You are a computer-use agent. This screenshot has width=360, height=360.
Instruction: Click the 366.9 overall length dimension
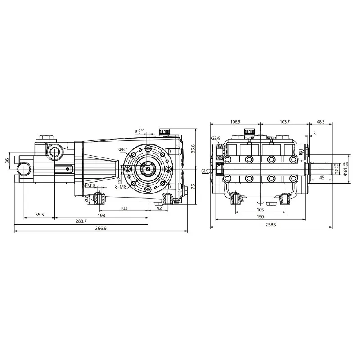tap(100, 229)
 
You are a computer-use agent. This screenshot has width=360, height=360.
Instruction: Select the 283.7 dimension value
tap(82, 221)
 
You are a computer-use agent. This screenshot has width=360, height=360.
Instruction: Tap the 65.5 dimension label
tap(40, 215)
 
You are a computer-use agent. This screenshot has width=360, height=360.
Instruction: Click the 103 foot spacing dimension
tap(124, 208)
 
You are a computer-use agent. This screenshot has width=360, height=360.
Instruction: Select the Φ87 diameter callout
tap(123, 149)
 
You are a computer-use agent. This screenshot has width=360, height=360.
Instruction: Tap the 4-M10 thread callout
tap(89, 185)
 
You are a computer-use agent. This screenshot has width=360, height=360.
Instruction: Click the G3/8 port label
tap(216, 138)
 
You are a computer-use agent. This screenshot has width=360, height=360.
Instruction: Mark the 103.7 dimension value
tap(284, 122)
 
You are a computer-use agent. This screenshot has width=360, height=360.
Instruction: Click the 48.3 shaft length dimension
tap(320, 122)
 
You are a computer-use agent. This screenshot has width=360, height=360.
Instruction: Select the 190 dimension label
tap(260, 216)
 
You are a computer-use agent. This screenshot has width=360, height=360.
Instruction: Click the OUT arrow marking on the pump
tap(301, 152)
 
